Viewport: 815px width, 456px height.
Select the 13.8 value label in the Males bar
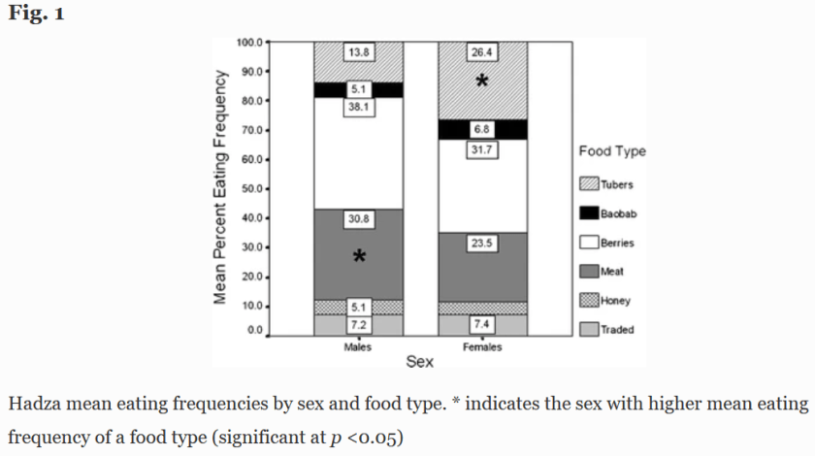[358, 49]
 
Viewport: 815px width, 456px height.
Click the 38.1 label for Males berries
[358, 107]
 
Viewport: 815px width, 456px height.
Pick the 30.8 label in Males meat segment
[358, 219]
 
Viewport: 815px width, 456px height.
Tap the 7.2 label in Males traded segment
[358, 324]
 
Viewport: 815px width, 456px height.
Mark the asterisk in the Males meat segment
[359, 257]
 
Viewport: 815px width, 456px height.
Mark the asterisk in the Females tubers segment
[482, 83]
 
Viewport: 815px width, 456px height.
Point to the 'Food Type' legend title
[612, 151]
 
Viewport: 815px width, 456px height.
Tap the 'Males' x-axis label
[358, 348]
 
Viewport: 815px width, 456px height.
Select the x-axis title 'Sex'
[420, 363]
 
